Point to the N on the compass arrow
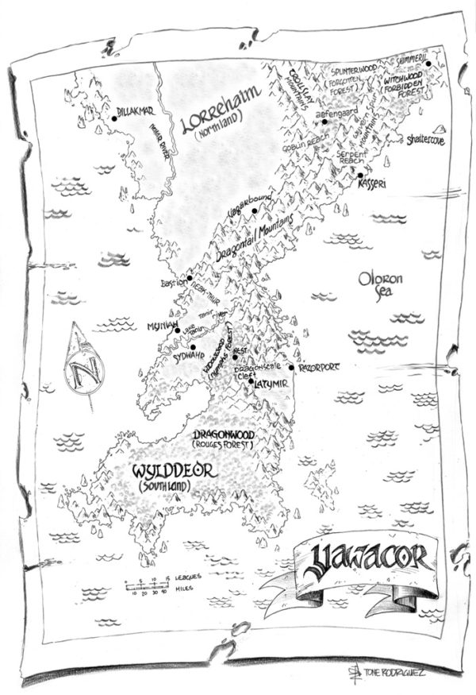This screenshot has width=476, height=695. [80, 369]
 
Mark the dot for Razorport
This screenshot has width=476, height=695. [292, 367]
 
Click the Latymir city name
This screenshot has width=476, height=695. [268, 387]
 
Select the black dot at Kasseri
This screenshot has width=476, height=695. [360, 176]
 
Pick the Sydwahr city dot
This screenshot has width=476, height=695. [192, 346]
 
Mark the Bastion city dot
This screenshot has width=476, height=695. [190, 279]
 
